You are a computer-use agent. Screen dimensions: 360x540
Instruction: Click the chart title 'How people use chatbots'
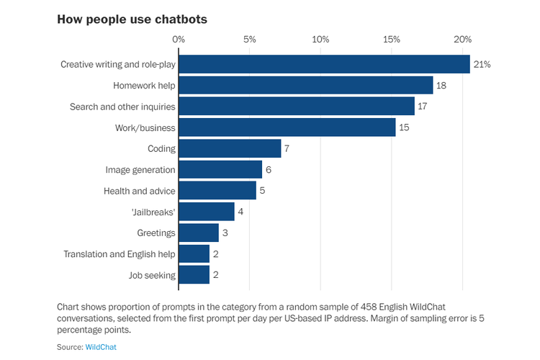(x=132, y=19)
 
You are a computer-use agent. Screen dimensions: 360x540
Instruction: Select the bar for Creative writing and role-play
(x=324, y=65)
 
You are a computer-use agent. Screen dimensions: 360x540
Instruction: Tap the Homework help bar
(x=305, y=86)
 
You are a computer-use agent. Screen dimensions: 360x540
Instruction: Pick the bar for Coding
(x=230, y=148)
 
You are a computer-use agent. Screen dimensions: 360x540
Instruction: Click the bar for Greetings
(x=199, y=233)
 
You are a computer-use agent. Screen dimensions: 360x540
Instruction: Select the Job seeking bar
(x=194, y=274)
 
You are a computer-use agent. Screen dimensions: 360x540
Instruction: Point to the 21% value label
(x=482, y=65)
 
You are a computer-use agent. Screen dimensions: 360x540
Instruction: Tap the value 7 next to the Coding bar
(x=287, y=148)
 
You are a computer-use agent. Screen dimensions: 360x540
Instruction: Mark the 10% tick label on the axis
(x=320, y=39)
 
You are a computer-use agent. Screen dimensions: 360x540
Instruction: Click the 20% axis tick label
(x=462, y=39)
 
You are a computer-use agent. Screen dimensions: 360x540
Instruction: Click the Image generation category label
(x=140, y=170)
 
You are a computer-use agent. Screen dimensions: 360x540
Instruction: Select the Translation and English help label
(x=119, y=253)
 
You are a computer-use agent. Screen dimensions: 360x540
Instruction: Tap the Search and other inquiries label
(x=122, y=107)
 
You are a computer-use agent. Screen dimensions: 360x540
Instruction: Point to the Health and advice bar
(x=217, y=191)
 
